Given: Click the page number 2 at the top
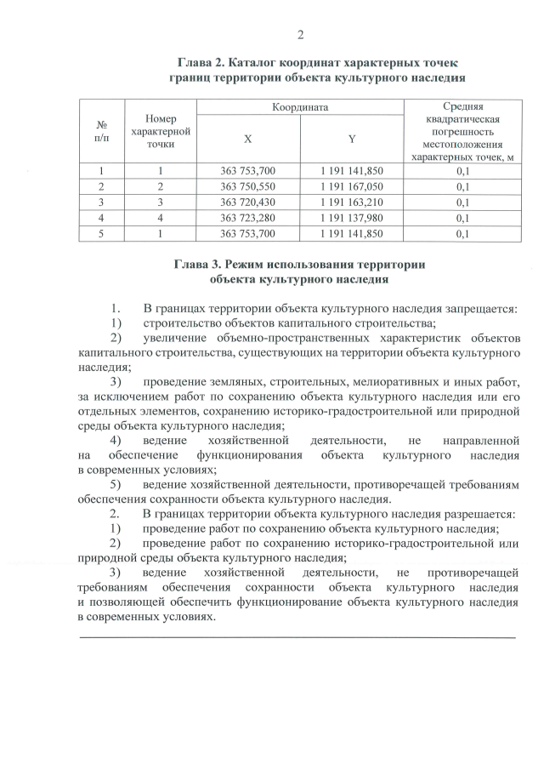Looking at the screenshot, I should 300,35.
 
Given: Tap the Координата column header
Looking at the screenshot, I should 300,108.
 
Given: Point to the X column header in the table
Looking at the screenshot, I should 247,139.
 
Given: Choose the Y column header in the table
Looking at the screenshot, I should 352,139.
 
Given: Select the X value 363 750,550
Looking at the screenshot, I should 247,186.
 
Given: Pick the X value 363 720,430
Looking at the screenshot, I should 247,202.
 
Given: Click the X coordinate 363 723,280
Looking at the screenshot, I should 247,218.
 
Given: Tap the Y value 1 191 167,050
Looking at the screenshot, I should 352,186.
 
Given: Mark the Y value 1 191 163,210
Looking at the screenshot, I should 352,202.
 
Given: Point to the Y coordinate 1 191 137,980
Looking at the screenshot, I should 352,218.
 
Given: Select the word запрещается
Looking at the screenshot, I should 482,307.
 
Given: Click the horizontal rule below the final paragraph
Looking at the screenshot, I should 297,636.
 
